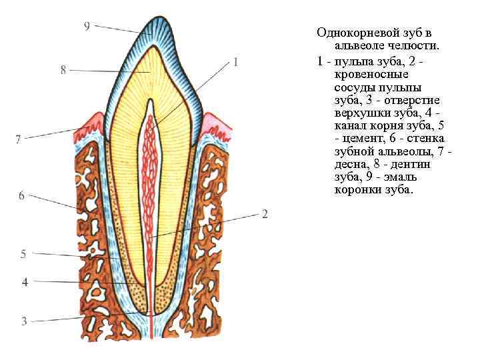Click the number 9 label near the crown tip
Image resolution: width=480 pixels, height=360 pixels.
coord(87,25)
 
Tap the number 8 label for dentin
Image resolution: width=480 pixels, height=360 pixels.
coord(63,69)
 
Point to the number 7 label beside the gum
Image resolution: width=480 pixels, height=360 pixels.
coord(18,139)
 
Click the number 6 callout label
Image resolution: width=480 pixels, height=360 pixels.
coord(21,195)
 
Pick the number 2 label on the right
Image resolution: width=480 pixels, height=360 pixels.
coord(265,214)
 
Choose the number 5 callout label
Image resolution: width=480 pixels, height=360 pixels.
coord(23,253)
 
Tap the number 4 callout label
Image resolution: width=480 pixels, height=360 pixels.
coord(25,282)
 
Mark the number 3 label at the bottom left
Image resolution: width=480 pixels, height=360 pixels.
coord(24,321)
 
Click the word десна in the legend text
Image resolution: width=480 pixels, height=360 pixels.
coord(349,164)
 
